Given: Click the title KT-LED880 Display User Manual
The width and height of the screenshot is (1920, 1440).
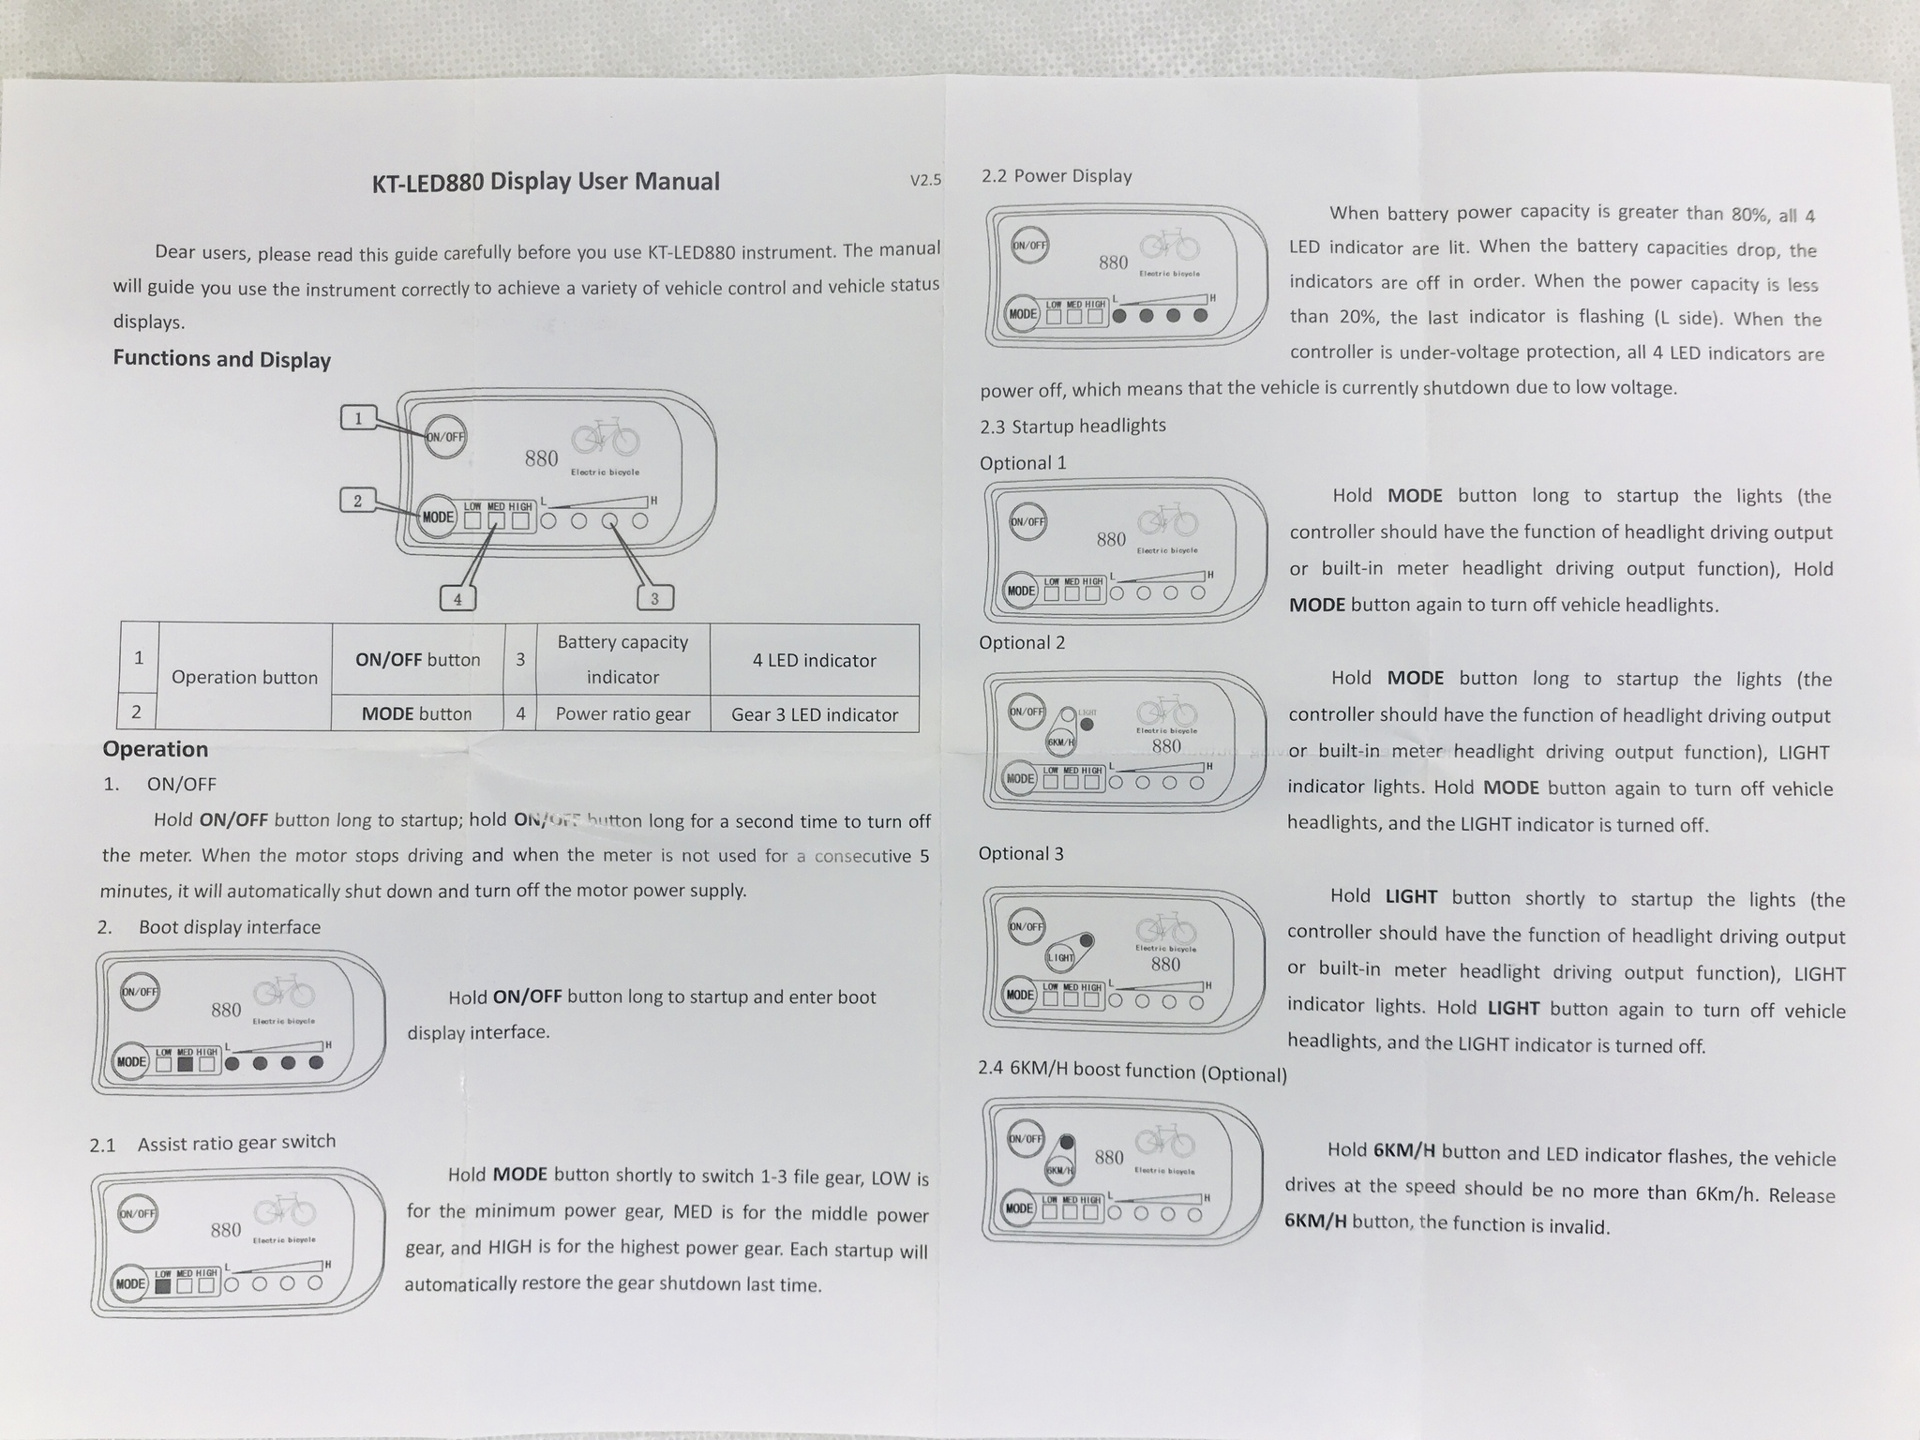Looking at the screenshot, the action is coord(546,181).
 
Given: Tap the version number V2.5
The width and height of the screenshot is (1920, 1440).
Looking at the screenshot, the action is coord(925,179).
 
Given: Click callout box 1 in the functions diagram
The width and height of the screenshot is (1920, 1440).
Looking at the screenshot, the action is coord(358,418).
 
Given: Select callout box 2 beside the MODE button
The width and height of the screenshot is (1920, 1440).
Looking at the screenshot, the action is coord(357,501).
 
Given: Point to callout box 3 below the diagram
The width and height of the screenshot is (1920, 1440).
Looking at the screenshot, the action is coord(654,597).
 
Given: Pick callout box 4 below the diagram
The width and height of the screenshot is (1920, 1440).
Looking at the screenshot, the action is coord(457,598).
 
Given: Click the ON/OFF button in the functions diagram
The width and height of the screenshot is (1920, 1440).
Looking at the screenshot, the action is coord(445,436).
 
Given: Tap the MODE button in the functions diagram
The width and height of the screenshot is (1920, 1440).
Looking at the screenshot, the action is coord(437,517).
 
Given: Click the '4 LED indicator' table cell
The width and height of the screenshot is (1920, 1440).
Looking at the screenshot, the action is coord(815,660).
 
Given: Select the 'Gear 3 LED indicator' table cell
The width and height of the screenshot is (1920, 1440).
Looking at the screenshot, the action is coord(815,714).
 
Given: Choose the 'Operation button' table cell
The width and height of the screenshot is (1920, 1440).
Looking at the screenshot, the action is coord(245,677).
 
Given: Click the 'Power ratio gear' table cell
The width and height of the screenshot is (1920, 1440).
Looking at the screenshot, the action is coord(622,713).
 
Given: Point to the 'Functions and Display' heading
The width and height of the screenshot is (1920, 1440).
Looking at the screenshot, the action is coord(222,359).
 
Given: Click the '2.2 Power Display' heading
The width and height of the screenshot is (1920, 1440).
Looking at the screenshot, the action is coord(1057,176).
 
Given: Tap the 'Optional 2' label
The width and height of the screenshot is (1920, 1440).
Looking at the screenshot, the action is coord(1022,643).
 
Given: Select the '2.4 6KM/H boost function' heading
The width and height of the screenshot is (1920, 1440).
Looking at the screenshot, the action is coord(1132,1072).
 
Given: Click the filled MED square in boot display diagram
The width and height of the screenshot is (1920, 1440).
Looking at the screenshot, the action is coord(185,1063).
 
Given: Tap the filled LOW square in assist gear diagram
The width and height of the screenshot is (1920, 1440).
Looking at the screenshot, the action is coord(163,1284).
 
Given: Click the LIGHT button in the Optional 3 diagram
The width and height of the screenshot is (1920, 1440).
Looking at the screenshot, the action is coord(1060,957).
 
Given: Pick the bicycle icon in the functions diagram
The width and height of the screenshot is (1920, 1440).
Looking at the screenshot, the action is coord(606,438).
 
